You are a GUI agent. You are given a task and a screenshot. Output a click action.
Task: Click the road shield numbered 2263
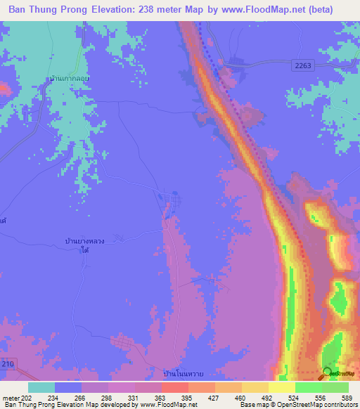point(301,65)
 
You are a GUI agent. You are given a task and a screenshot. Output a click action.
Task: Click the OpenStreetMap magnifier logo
point(328,372)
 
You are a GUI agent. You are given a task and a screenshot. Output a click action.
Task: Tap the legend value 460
point(238,397)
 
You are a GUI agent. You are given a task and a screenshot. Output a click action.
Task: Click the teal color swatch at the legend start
point(41,387)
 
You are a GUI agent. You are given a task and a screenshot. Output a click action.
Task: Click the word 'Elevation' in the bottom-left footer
point(67,405)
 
